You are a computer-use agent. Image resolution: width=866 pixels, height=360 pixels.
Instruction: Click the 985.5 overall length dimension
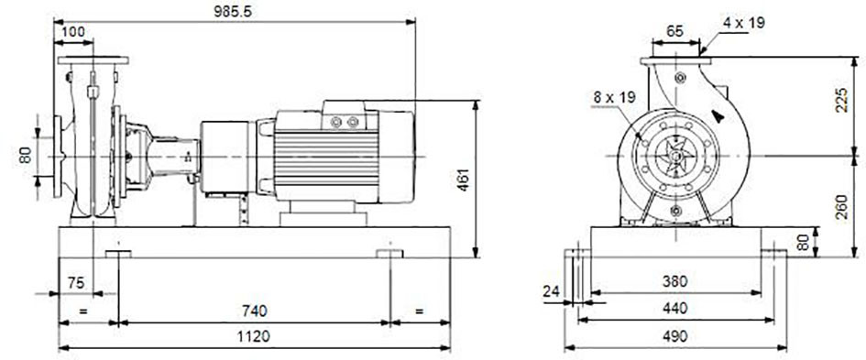point(233,11)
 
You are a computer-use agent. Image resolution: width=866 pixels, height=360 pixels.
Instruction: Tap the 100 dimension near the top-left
point(73,31)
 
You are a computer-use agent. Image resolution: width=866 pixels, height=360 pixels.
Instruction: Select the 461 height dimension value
point(464,180)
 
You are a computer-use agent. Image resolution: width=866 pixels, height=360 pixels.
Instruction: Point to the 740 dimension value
point(254,311)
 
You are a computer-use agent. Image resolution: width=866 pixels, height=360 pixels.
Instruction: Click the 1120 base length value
point(254,336)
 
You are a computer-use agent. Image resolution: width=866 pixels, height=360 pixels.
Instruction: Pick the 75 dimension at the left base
point(76,283)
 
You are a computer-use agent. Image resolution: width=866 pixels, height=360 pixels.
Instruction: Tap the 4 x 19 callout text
point(744,23)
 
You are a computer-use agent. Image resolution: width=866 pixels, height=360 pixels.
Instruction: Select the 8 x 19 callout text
point(615,98)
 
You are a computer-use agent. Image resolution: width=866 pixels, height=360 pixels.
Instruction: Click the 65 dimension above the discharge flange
point(674,31)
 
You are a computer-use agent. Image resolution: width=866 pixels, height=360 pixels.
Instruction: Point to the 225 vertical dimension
point(841,100)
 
